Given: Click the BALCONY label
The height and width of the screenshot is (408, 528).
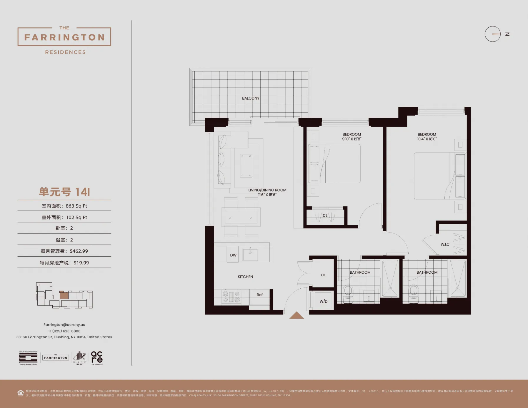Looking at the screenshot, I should tap(251, 98).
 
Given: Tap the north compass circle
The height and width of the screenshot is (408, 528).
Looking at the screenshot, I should tap(492, 34).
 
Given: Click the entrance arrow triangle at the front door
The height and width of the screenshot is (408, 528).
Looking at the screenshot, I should tap(296, 315).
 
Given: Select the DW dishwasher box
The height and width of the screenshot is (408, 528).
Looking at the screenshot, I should tap(233, 255).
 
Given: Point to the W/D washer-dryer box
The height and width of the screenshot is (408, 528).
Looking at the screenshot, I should tap(324, 301).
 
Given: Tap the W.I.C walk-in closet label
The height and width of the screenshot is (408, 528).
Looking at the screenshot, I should tap(445, 244).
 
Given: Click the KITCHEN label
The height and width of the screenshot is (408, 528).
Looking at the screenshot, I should tap(245, 277).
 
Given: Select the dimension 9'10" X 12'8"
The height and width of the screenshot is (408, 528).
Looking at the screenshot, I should tap(352, 139).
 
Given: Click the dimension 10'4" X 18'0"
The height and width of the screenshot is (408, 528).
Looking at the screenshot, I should tap(427, 139).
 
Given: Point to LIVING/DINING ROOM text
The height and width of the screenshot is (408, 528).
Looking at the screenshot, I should tap(267, 190).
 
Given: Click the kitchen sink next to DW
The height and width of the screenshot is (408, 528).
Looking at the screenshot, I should tap(250, 255).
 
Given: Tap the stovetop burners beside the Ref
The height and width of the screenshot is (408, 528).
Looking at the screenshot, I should tap(231, 297).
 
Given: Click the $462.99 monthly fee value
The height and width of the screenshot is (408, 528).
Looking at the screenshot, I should tap(79, 251).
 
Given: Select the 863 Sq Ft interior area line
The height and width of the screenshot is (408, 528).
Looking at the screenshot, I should tap(64, 206).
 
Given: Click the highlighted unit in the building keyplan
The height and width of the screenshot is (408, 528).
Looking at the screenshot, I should tap(64, 295).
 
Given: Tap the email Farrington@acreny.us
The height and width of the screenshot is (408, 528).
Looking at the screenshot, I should tap(64, 325).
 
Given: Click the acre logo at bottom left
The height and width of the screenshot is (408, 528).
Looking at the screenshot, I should tap(97, 357).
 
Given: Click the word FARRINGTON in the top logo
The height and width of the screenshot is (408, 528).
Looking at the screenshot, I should tap(64, 37).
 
